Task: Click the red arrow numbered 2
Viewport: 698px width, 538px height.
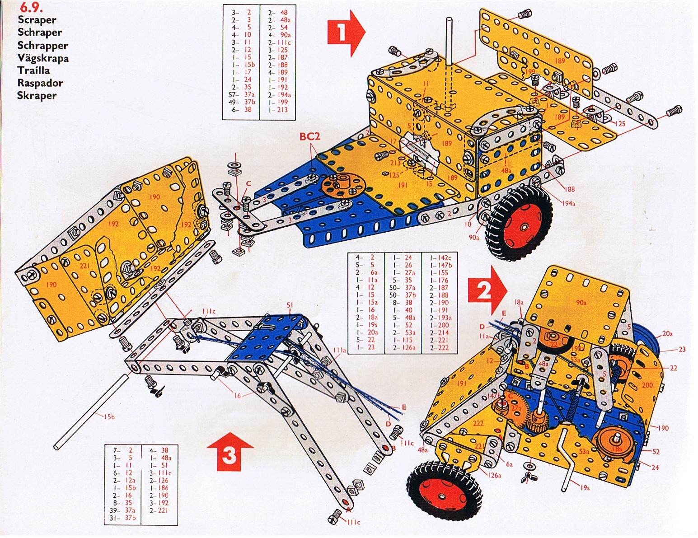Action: [487, 290]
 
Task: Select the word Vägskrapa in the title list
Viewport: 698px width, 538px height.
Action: [43, 58]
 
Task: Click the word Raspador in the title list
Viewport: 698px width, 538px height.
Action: [40, 83]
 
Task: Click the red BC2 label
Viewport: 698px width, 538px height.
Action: [309, 136]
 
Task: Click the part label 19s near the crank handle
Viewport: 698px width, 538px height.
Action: [585, 488]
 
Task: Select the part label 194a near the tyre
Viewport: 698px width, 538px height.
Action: [568, 203]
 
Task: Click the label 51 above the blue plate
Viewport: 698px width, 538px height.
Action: [290, 305]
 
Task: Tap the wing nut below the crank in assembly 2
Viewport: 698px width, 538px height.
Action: [527, 477]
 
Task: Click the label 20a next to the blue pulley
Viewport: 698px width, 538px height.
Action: [667, 334]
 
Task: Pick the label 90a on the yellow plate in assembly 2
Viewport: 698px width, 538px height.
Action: [581, 303]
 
